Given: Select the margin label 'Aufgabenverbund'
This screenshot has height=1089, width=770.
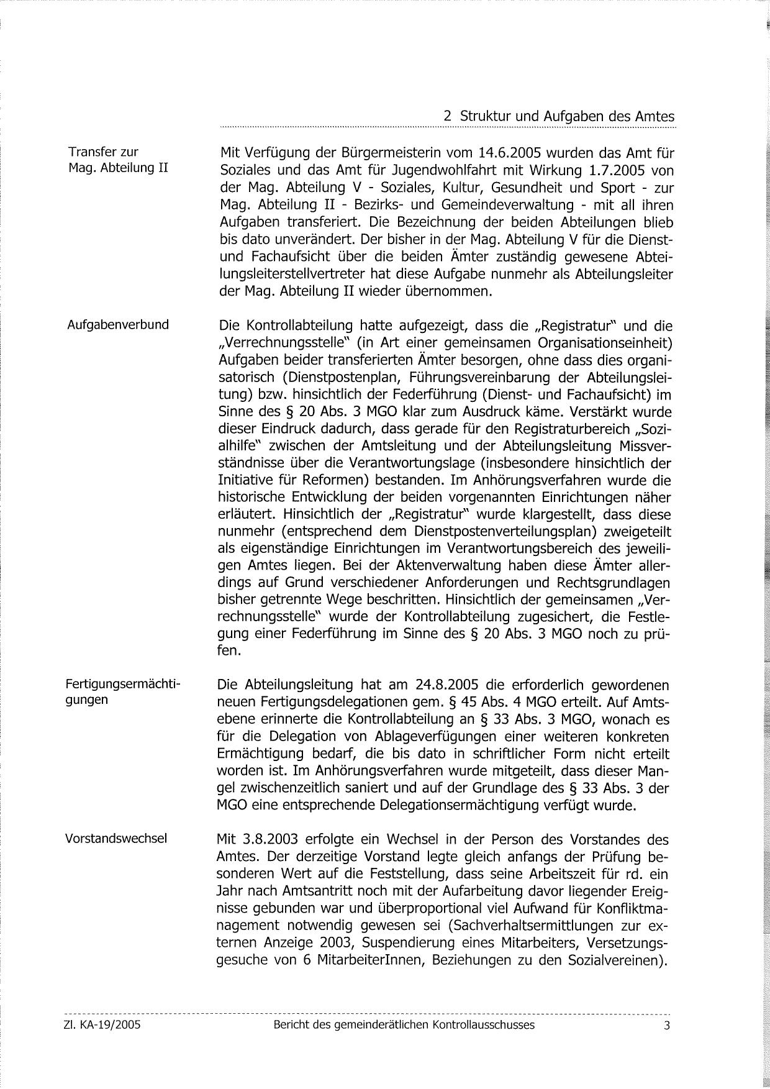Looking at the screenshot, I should tap(117, 324).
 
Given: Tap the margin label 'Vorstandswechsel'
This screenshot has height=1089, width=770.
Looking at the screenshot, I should tap(116, 838).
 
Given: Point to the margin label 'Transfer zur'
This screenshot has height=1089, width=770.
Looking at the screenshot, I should tap(103, 152).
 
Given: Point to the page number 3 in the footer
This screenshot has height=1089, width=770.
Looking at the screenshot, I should tap(667, 1026).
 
